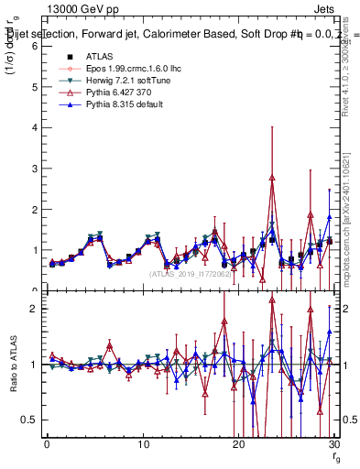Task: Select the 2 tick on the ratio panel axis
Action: click(x=33, y=309)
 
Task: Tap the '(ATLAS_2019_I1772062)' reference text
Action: click(x=191, y=274)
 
